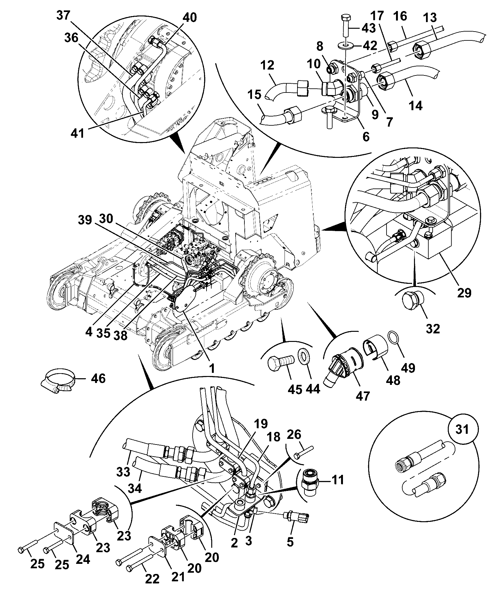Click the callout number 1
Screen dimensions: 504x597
tap(212, 368)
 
